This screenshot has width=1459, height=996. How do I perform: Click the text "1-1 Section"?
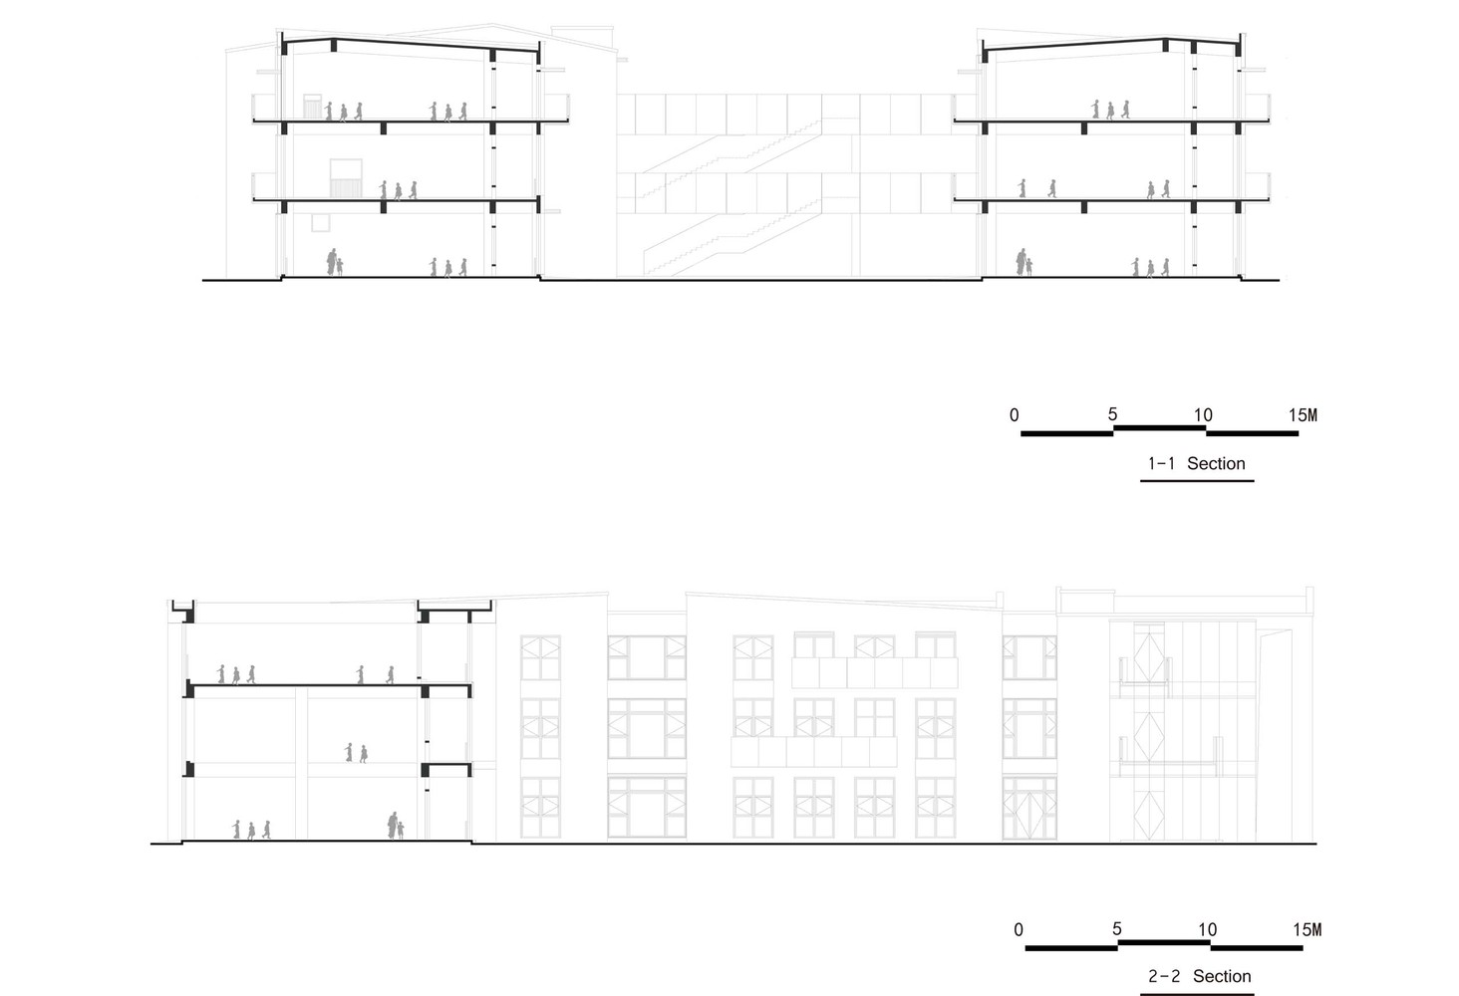coord(1196,463)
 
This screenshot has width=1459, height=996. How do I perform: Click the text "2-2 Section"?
coord(1199,976)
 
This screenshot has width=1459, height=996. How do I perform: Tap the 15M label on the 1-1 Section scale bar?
coord(1303,415)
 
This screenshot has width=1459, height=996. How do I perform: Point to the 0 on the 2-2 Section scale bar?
coord(1018,929)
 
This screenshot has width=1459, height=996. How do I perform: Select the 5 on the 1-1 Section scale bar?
coord(1112,414)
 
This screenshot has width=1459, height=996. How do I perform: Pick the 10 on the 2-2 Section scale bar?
coord(1207,929)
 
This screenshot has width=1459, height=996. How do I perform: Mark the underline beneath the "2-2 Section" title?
coord(1197,993)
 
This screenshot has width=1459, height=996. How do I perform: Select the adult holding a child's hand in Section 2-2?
coord(396,826)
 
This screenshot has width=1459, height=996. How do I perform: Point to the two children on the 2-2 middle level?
coord(356,752)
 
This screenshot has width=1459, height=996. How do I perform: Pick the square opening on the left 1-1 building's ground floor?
coord(321,220)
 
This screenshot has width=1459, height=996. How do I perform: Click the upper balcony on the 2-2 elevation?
coord(874,672)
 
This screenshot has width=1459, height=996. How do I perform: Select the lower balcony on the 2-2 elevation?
coord(813,751)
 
